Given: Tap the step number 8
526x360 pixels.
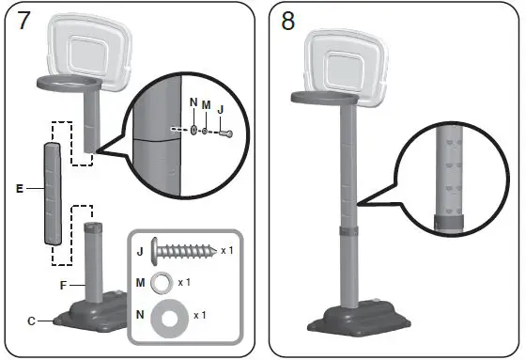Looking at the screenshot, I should point(288,23).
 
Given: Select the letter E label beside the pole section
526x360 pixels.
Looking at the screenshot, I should point(19,188).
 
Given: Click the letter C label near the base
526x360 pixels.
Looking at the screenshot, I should point(32,321).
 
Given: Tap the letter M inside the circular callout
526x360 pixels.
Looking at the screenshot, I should point(205,106).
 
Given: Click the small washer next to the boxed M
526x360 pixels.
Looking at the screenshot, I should point(162,282).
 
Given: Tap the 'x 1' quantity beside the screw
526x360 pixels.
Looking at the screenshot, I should point(226,252).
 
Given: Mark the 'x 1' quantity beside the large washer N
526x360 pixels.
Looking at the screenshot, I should point(200,315).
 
